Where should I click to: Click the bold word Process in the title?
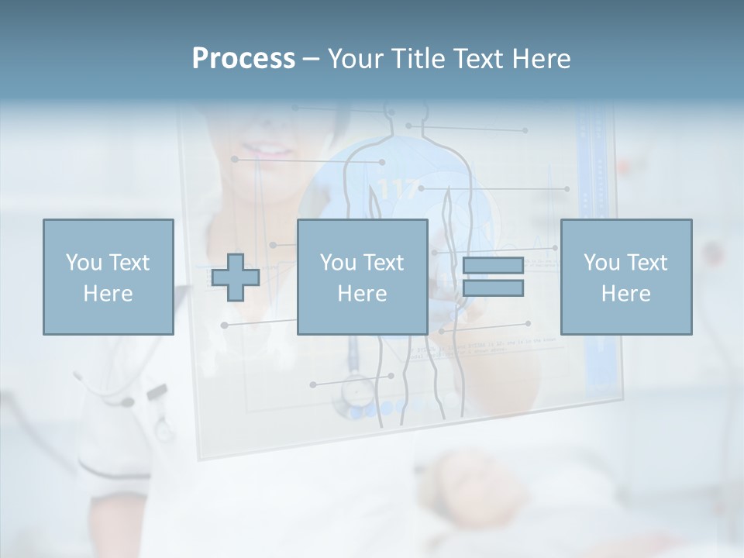[243, 59]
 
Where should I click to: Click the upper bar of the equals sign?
[493, 266]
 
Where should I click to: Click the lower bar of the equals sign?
[493, 288]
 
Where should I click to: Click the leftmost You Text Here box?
[108, 277]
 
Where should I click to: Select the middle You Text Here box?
[362, 277]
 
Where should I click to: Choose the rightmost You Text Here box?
[625, 277]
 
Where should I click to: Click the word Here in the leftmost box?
[108, 294]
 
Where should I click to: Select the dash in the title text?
[311, 59]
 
